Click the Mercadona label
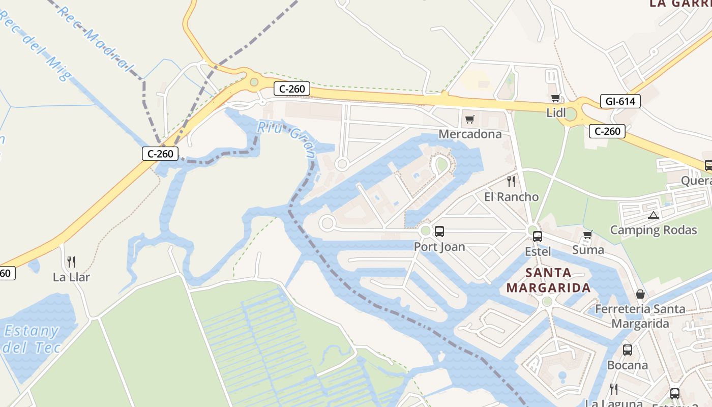(470, 134)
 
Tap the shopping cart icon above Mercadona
(470, 120)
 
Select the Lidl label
(556, 113)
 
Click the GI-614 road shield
(620, 101)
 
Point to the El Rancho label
(511, 197)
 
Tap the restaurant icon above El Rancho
(511, 181)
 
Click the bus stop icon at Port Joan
(439, 231)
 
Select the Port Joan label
(439, 247)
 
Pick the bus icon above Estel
(538, 236)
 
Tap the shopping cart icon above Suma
(588, 235)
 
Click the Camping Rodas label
(654, 230)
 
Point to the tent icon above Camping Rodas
(654, 215)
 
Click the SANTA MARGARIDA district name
(548, 280)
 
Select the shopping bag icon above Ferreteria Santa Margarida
(640, 294)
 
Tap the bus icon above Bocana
(628, 350)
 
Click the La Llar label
(71, 277)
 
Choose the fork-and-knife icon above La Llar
(71, 262)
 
